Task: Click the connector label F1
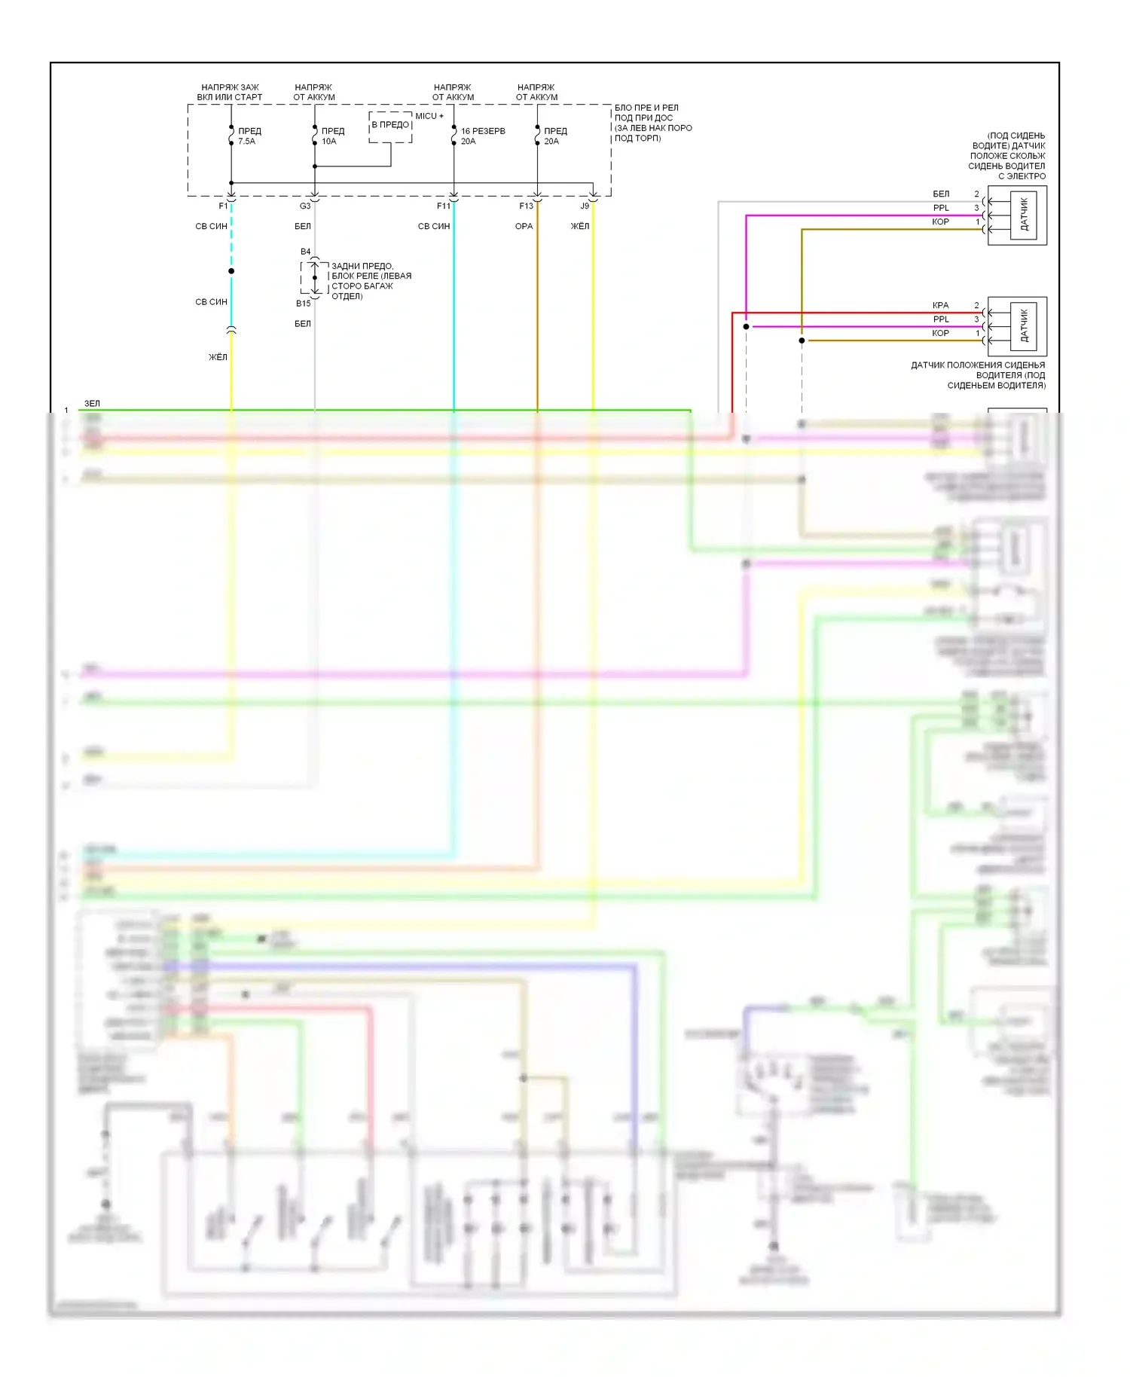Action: coord(223,206)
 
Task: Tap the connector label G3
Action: coord(305,206)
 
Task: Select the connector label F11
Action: coord(444,206)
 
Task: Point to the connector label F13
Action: coord(526,206)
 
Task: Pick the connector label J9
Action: coord(585,206)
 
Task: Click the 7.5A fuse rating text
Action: coord(247,142)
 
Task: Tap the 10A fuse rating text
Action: coord(329,142)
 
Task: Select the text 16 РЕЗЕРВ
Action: coord(483,131)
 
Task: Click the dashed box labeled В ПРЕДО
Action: coord(390,126)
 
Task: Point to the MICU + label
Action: coord(429,116)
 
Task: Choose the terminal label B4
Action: coord(305,252)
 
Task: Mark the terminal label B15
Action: coord(303,304)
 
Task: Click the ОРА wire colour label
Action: coord(524,226)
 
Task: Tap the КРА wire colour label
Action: coord(940,305)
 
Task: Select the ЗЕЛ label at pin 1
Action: coord(92,404)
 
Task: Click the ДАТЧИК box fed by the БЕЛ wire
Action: coord(1023,215)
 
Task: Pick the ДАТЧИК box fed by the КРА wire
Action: coord(1023,326)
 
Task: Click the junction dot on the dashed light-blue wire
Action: coord(231,271)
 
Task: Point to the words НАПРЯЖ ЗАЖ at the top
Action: coord(230,87)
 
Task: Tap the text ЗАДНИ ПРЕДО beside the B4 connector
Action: coord(362,266)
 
